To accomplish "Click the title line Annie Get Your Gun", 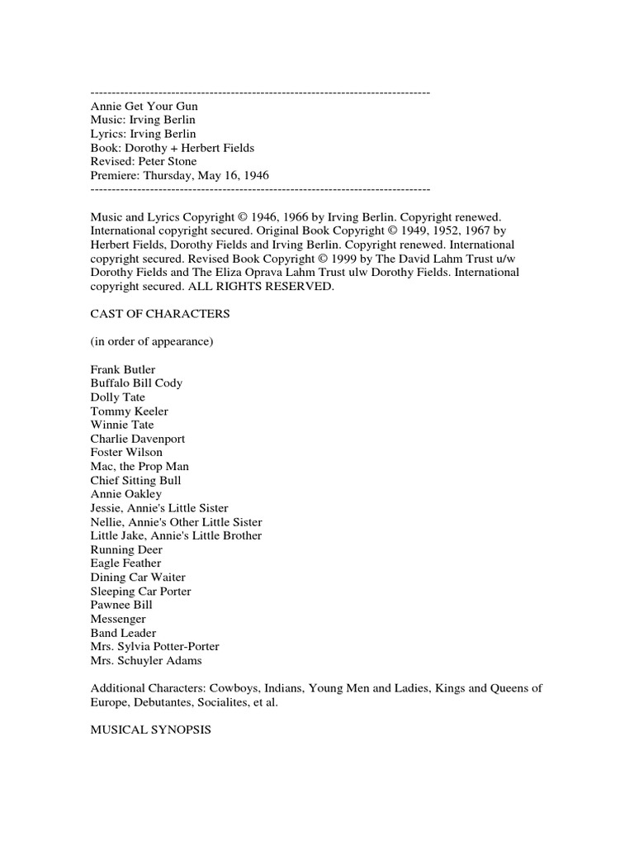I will [x=144, y=107].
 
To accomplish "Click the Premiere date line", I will [x=180, y=176].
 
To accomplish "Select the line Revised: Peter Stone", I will [x=144, y=162].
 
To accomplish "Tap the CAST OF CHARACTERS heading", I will [x=160, y=314].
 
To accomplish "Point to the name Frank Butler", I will [x=123, y=369].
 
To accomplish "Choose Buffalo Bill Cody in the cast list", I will [x=137, y=383].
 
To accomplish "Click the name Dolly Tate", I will [x=118, y=397].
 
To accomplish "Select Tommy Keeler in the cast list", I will [x=130, y=411].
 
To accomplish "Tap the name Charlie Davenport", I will [x=138, y=439].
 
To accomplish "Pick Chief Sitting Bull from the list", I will [x=136, y=481].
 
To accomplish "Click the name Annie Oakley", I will [x=126, y=494].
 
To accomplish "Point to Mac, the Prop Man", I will [x=140, y=467].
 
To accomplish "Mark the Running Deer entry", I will [x=126, y=549].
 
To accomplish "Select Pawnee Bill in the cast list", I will [x=121, y=605].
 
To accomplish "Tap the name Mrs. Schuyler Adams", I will [x=146, y=661].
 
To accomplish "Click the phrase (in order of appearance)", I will [x=152, y=342].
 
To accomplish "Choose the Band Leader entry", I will [x=124, y=633].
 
